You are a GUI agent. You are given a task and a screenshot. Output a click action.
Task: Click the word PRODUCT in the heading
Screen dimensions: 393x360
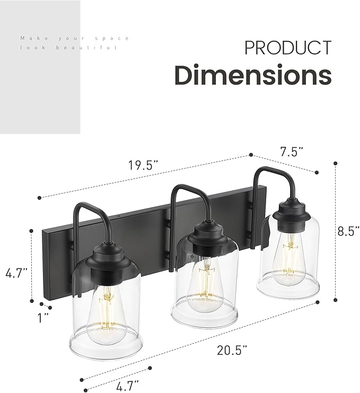287,48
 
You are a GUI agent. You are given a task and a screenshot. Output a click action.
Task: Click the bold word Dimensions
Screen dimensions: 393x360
253,75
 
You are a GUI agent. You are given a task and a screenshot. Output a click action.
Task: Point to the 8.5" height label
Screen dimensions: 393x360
348,231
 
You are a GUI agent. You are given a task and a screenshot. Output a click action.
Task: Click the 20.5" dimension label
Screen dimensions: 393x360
231,350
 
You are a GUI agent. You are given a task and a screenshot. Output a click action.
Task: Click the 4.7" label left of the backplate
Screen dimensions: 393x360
16,274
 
